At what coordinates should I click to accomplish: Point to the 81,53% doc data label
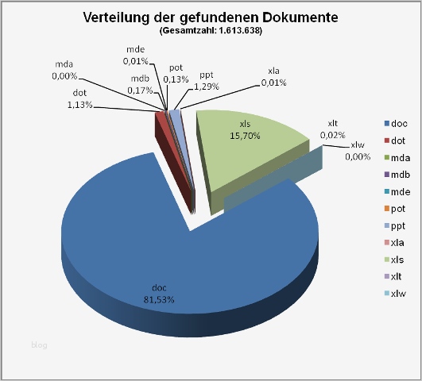point(160,294)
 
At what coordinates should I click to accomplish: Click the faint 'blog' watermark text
point(39,344)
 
